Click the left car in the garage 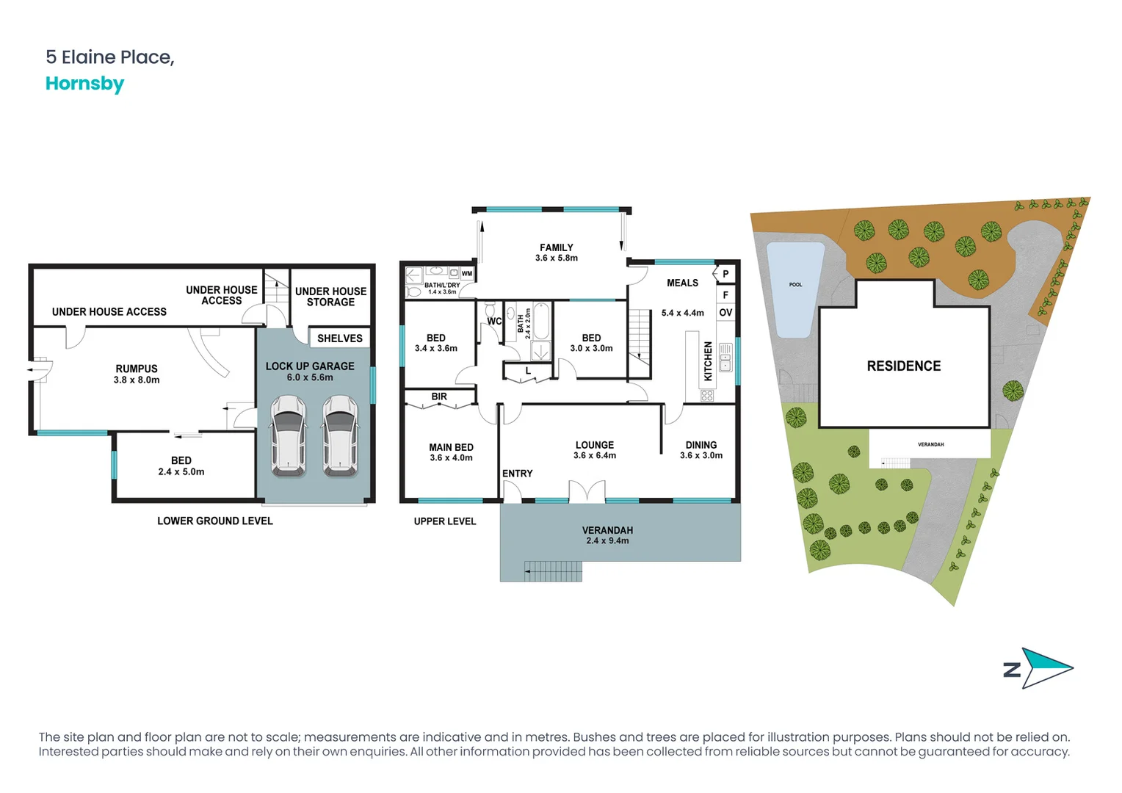point(289,435)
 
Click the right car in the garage point(341,435)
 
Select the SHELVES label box point(339,338)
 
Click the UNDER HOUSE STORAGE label point(330,297)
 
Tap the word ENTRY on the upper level point(517,474)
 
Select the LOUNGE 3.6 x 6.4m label point(594,450)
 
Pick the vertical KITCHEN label point(708,361)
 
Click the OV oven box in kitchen point(725,313)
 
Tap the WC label point(494,322)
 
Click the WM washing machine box point(467,274)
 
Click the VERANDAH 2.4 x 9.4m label point(607,535)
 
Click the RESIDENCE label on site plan point(903,366)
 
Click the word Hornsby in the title point(84,84)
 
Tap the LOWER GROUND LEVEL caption point(214,521)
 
